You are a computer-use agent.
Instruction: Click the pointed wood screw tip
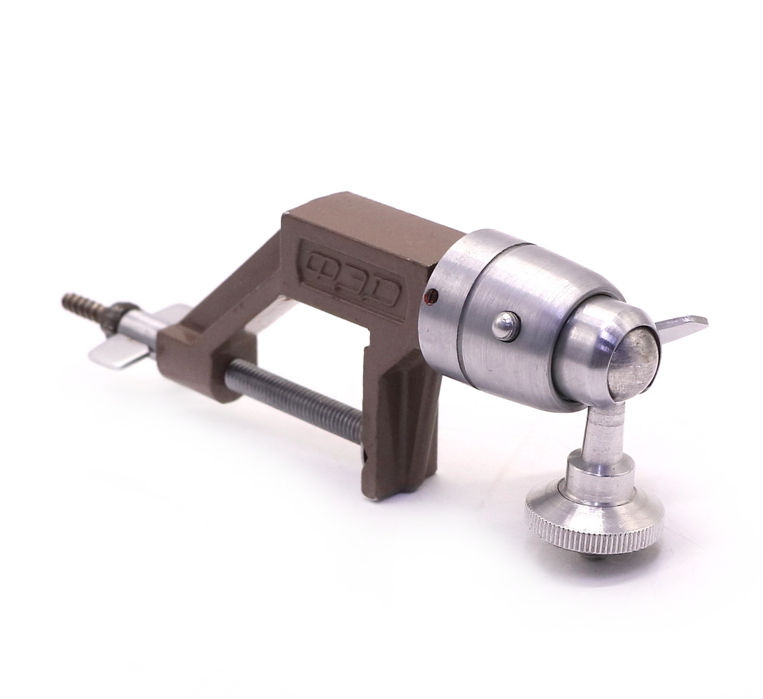[x=65, y=298]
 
